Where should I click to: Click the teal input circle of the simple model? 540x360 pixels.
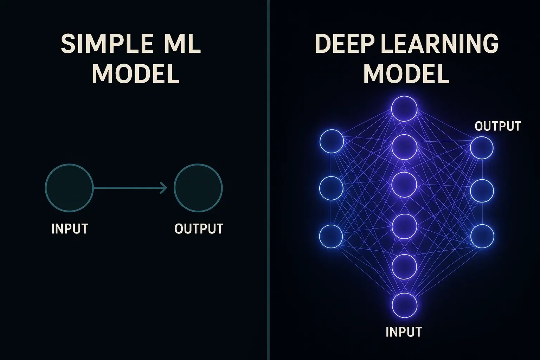pyautogui.click(x=69, y=188)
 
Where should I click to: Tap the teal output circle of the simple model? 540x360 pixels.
pyautogui.click(x=198, y=188)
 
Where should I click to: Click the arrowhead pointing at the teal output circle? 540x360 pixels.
pyautogui.click(x=164, y=188)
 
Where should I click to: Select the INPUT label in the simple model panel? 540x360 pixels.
pyautogui.click(x=70, y=229)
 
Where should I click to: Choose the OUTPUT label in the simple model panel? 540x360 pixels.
pyautogui.click(x=199, y=229)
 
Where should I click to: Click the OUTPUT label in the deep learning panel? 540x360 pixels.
pyautogui.click(x=497, y=126)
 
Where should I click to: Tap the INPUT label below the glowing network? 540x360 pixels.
pyautogui.click(x=404, y=332)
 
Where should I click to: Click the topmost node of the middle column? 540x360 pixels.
pyautogui.click(x=404, y=109)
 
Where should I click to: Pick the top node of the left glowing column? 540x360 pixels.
pyautogui.click(x=332, y=141)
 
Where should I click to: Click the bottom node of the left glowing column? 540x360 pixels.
pyautogui.click(x=331, y=236)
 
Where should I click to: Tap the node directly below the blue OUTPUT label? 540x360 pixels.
pyautogui.click(x=482, y=148)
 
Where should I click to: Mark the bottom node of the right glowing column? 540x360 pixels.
pyautogui.click(x=482, y=236)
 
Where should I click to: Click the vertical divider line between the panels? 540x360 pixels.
pyautogui.click(x=268, y=180)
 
